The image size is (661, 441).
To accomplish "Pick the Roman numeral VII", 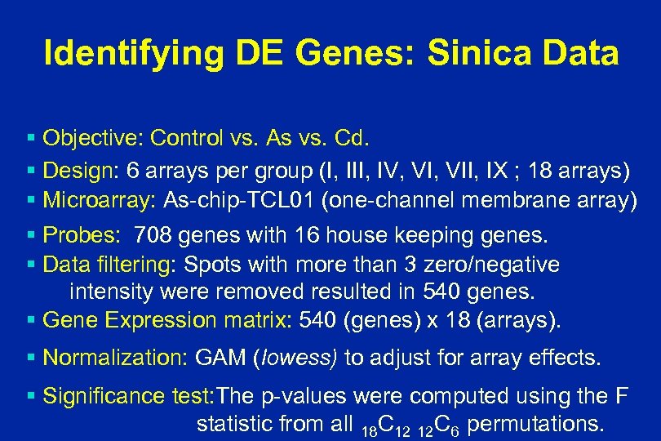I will (453, 171).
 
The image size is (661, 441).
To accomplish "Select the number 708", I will (153, 237).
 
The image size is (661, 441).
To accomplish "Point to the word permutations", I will (535, 424).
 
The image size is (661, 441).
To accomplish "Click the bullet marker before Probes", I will (31, 237).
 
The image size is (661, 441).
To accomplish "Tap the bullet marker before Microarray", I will (31, 201).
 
